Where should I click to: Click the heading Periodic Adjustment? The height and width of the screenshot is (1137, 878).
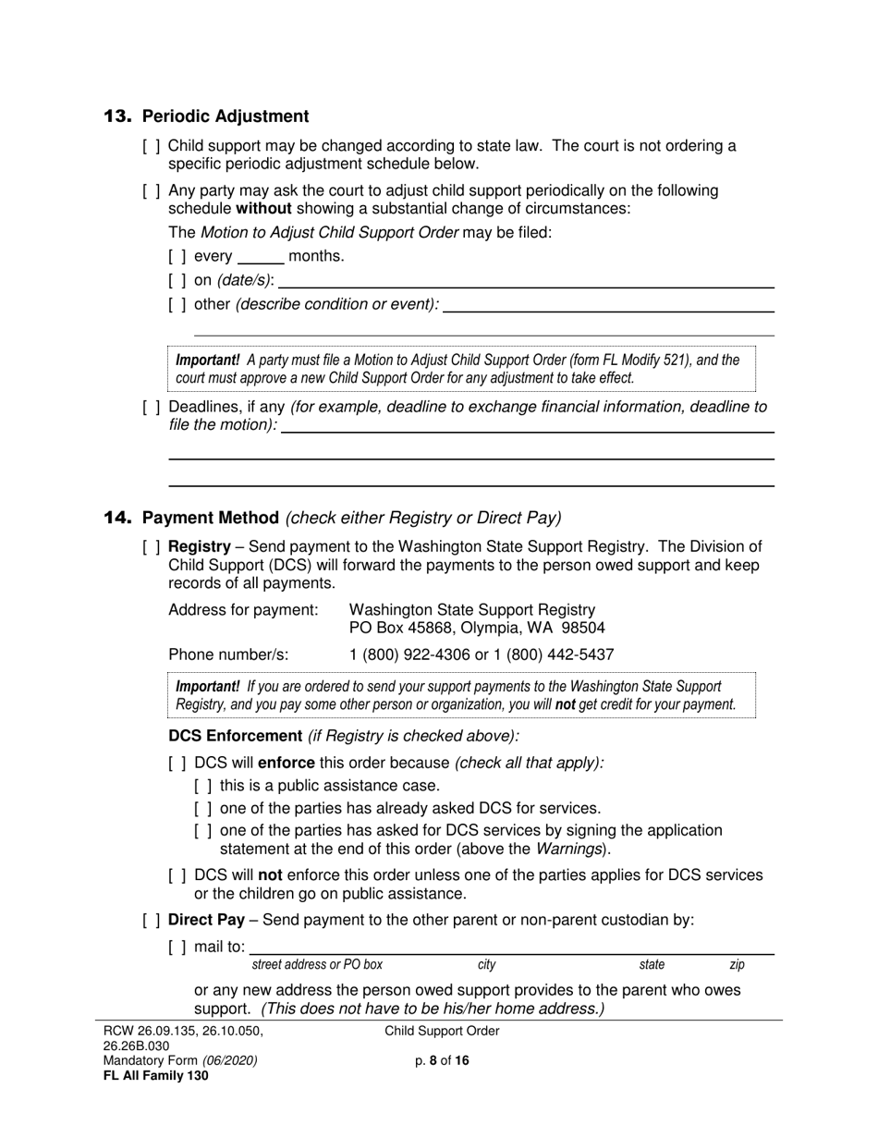[226, 116]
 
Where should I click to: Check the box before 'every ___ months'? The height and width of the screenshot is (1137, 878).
[177, 257]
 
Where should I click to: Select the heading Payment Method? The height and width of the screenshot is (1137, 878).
[211, 518]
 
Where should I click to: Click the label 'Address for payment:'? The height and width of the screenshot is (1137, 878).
[243, 610]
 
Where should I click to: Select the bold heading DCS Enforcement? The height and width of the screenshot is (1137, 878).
[235, 736]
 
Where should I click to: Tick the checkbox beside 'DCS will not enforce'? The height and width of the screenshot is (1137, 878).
[177, 875]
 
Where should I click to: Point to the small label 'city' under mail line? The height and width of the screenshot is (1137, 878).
[486, 965]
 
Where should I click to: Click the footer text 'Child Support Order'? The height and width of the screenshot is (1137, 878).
[442, 1032]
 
